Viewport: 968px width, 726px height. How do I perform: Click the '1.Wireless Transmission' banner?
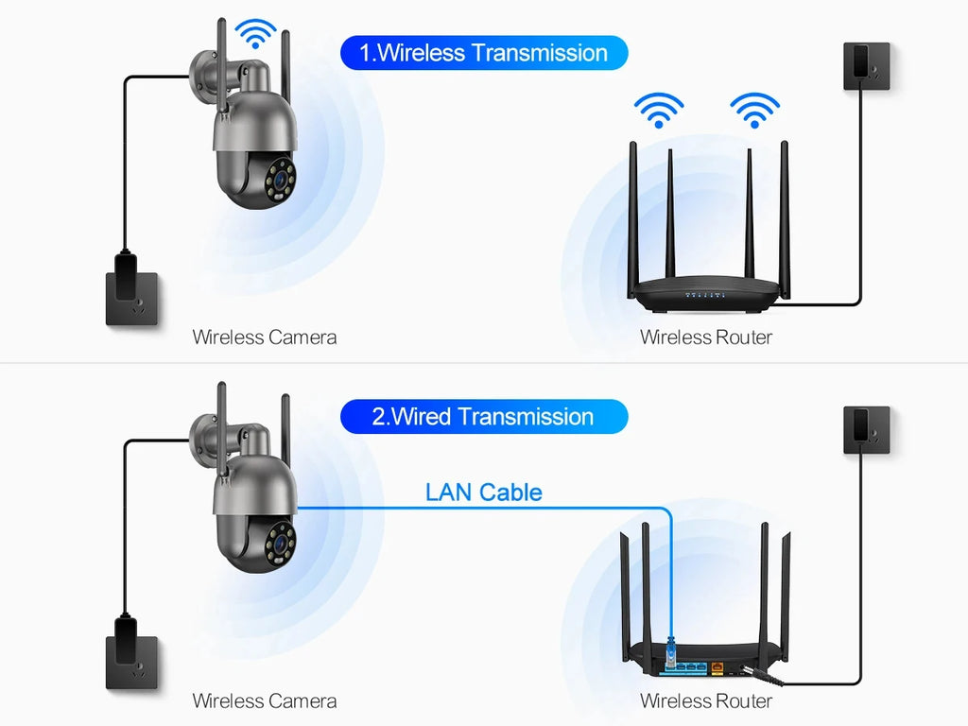(x=484, y=53)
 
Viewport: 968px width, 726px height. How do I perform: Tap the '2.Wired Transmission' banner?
(x=484, y=417)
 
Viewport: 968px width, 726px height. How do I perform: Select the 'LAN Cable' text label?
(x=483, y=492)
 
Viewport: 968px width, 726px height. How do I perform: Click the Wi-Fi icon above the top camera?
(x=255, y=33)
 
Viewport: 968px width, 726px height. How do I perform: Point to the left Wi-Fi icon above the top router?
(x=659, y=109)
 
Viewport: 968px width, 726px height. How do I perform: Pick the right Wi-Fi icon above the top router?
(x=754, y=109)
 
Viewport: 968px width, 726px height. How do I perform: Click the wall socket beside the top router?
(x=867, y=66)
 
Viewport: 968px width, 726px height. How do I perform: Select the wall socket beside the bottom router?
(x=867, y=430)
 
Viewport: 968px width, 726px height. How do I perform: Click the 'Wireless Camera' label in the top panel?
(x=264, y=337)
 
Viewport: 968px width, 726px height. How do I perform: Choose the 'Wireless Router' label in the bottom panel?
(x=705, y=700)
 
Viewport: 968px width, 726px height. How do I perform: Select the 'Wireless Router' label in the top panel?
(x=705, y=337)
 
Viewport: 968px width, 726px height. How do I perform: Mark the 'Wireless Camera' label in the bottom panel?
(x=264, y=700)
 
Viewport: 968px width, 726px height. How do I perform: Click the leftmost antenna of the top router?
(x=633, y=217)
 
